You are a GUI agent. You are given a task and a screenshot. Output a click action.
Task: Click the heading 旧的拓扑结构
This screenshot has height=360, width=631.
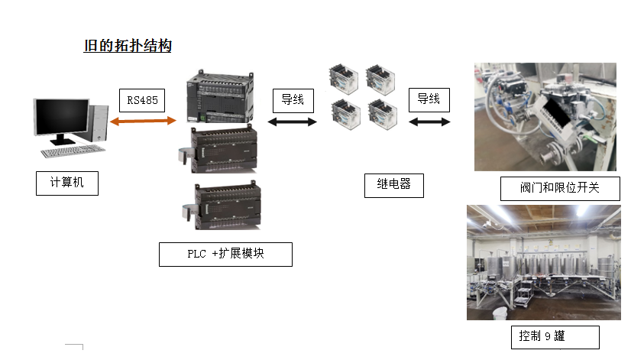click(128, 46)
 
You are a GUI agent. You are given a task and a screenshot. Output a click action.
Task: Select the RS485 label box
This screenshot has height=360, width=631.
click(142, 100)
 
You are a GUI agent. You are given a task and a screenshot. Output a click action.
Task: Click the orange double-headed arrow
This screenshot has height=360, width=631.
click(143, 120)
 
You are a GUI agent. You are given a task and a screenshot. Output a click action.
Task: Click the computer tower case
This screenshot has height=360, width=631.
click(99, 122)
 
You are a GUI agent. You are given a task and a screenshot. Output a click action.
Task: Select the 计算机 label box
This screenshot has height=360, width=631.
click(67, 183)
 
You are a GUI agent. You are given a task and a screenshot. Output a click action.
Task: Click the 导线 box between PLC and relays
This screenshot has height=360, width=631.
click(293, 100)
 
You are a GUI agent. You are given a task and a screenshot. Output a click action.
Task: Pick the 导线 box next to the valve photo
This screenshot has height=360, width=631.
click(428, 99)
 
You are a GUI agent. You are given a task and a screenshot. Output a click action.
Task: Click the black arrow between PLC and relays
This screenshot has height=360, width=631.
click(293, 122)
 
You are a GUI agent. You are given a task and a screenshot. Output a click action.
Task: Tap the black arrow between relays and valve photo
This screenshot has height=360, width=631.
click(429, 122)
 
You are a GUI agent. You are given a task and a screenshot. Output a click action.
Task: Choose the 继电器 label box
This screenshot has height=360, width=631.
click(393, 185)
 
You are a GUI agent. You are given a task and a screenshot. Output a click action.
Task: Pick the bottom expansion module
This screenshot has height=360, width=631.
click(223, 206)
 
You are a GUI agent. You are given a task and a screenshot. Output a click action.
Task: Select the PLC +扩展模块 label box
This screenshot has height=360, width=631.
click(225, 254)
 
